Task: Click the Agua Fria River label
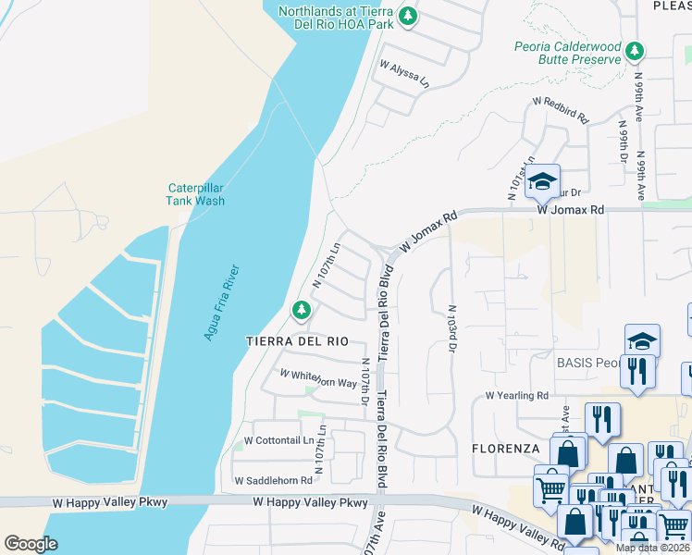[221, 302]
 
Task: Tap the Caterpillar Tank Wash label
[195, 193]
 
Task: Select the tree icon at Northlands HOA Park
[407, 16]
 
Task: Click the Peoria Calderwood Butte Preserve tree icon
[634, 49]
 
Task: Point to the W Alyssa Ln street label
[405, 74]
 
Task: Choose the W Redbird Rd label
[561, 111]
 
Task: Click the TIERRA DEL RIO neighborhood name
[297, 341]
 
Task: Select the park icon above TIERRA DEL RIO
[300, 312]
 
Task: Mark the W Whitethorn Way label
[318, 378]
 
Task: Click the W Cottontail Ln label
[278, 440]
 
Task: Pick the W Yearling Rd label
[517, 396]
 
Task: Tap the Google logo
[31, 543]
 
